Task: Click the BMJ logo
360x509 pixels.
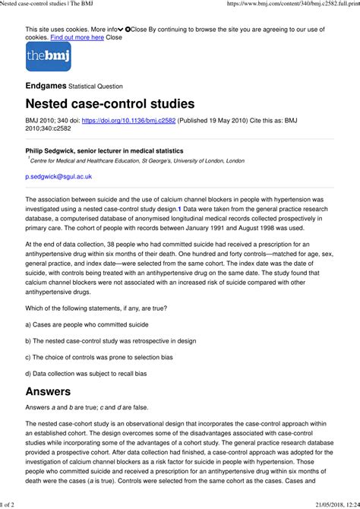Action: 48,57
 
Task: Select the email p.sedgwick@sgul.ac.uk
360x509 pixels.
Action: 58,176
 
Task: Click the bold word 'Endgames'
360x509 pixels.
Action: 46,86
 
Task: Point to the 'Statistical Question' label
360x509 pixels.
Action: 96,87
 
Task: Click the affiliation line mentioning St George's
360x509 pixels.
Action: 137,161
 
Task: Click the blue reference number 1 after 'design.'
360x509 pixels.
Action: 179,207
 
